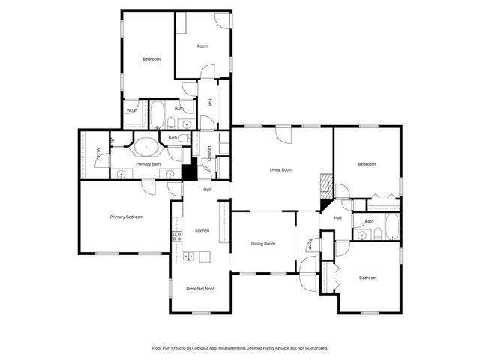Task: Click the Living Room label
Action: (281, 170)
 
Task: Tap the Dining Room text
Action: (262, 244)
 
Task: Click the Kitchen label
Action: (202, 230)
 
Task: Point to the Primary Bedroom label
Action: (126, 217)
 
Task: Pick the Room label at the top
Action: (202, 46)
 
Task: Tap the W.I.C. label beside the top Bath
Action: (130, 111)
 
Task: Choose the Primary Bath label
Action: (148, 163)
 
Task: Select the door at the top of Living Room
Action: (283, 133)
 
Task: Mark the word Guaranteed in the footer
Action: (312, 348)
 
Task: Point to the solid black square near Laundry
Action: (190, 172)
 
